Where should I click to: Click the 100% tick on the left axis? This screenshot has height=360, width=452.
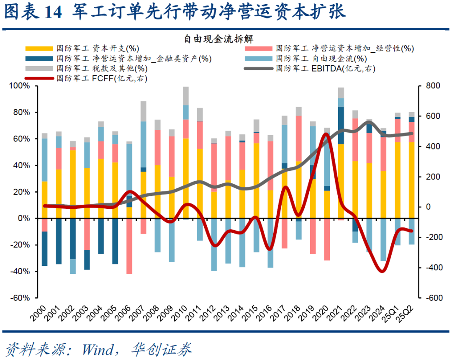tap(19, 86)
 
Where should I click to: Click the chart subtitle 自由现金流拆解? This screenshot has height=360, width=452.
tap(218, 39)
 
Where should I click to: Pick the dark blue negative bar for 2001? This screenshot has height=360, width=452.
tap(59, 241)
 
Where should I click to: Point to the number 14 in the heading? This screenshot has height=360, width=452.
tap(53, 13)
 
